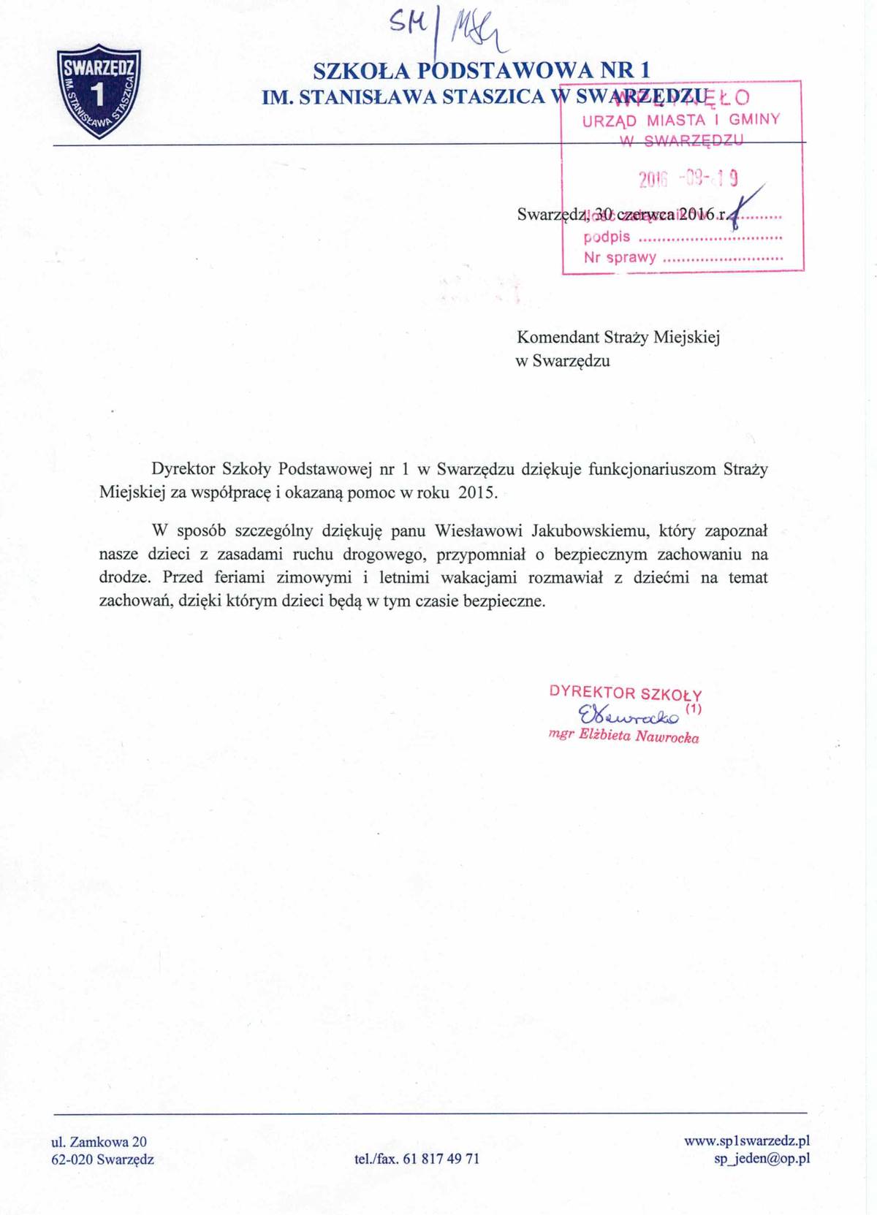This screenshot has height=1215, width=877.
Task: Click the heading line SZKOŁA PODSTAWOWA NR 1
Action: coord(481,71)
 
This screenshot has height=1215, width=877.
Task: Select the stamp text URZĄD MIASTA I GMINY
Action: coord(680,120)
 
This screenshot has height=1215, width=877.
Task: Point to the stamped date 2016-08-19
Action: coord(688,178)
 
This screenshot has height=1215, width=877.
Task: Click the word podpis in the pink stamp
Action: coord(607,237)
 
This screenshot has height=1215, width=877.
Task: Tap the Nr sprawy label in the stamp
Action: coord(620,257)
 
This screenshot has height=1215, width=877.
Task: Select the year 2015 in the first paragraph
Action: coord(477,492)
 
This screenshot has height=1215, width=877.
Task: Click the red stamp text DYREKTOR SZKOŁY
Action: coord(625,693)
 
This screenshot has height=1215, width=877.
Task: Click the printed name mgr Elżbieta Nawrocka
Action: coord(623,736)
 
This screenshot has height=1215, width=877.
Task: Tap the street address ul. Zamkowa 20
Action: coord(99,1141)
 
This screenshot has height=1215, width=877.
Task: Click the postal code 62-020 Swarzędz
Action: coord(102,1159)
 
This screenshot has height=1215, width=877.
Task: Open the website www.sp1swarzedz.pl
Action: coord(746,1141)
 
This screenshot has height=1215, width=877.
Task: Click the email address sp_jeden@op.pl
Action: coord(762,1159)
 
